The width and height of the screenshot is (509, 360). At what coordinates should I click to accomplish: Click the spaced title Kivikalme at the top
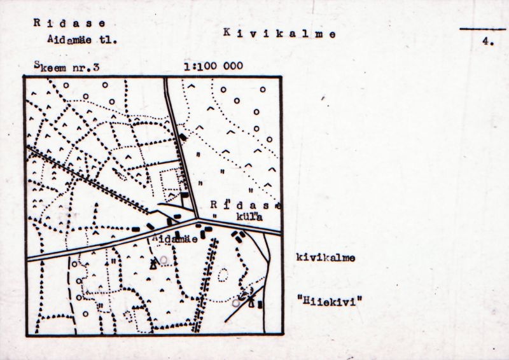(x=279, y=33)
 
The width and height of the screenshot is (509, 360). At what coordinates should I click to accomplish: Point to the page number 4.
(x=489, y=42)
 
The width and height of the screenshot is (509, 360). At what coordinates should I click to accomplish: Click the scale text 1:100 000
(x=212, y=66)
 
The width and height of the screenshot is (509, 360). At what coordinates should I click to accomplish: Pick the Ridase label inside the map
(x=246, y=205)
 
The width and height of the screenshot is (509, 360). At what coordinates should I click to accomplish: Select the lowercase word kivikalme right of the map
(x=325, y=258)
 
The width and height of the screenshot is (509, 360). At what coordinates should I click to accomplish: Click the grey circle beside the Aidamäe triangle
(x=164, y=260)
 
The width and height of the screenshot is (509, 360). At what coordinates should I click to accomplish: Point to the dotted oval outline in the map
(x=223, y=275)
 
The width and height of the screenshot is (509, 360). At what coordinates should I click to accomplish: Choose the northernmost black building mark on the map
(x=184, y=137)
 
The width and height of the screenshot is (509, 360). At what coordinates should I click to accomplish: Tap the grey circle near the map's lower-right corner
(x=236, y=303)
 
